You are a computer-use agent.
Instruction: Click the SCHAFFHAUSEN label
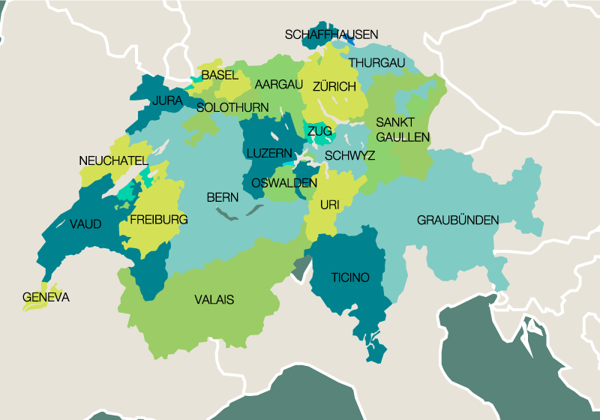coord(331,34)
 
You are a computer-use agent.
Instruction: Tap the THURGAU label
coord(376,62)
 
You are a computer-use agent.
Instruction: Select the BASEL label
coord(220,75)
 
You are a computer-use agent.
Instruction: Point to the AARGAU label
coord(278,83)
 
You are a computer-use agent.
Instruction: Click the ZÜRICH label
coord(334,87)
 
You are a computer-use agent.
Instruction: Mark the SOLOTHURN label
coord(232,108)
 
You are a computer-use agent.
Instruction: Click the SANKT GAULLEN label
coord(403,130)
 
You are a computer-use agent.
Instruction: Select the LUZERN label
coord(269,153)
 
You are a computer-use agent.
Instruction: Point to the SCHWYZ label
coord(350,156)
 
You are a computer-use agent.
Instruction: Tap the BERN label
coord(223,198)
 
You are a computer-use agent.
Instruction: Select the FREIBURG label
coord(158,220)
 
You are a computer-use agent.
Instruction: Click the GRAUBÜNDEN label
coord(457,220)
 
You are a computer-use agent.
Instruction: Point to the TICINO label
coord(350,277)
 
